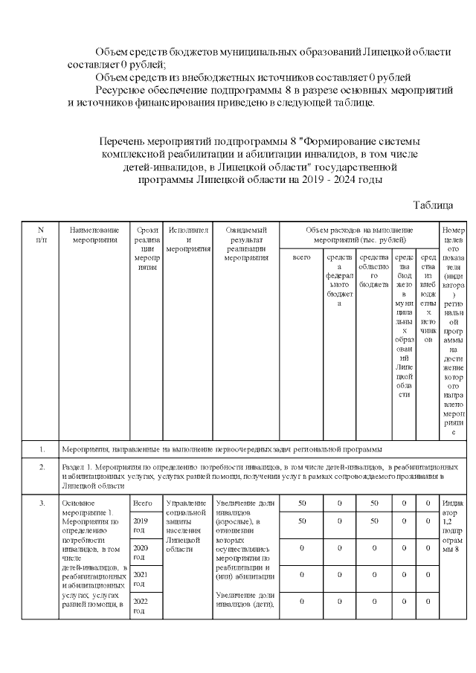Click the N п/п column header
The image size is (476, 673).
coord(41,236)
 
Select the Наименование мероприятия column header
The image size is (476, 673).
coord(89,236)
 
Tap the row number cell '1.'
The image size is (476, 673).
coord(42,449)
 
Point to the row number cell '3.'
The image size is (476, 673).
coord(42,503)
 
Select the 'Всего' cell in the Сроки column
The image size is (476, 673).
coord(142,503)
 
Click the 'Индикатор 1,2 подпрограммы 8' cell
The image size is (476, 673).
coord(453,527)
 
